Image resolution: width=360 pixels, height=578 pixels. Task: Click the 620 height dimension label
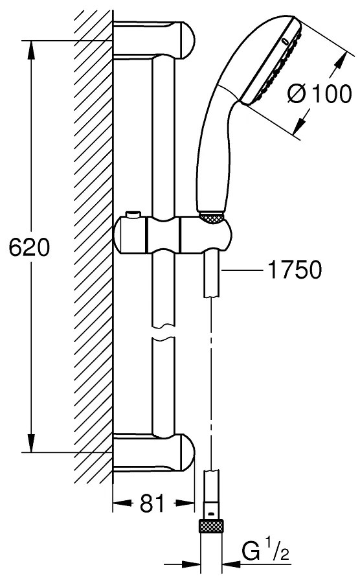[29, 247]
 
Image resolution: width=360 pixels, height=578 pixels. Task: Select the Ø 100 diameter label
[319, 93]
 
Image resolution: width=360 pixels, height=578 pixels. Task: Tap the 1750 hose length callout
[295, 270]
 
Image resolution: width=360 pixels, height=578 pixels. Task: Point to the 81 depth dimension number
[152, 503]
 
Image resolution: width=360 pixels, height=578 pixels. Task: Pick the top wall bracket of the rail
[153, 40]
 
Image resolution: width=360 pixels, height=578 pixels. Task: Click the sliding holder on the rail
[174, 236]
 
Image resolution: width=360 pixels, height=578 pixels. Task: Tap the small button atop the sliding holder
[133, 214]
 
